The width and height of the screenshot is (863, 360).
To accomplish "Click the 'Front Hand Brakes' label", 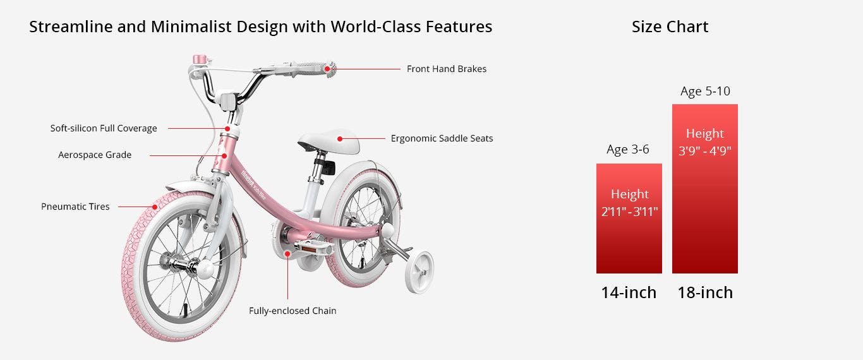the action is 447,69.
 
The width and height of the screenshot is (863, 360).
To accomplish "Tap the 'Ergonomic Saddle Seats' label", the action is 442,138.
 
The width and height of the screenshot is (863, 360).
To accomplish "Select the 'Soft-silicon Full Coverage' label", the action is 104,128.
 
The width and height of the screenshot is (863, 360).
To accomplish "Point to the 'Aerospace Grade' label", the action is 95,155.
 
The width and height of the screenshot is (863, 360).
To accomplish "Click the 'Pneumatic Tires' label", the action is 75,207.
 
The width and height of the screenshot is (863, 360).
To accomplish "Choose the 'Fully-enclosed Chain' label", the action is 293,311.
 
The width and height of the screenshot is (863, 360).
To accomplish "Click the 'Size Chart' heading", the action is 670,27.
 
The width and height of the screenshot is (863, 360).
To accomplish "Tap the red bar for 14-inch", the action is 629,219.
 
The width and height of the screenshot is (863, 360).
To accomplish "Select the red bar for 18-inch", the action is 705,189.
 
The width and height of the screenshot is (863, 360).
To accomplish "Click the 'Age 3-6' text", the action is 628,149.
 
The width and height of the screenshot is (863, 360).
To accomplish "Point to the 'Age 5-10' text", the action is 706,91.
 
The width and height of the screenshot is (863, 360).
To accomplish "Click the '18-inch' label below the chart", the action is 706,292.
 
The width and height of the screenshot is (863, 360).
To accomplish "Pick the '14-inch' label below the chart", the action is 629,292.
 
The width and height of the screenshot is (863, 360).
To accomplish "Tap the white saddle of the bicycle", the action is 329,141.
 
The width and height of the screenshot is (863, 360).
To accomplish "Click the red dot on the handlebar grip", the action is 327,69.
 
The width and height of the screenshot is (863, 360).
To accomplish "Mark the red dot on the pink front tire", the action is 155,207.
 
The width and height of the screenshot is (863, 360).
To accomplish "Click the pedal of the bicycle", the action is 313,248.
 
